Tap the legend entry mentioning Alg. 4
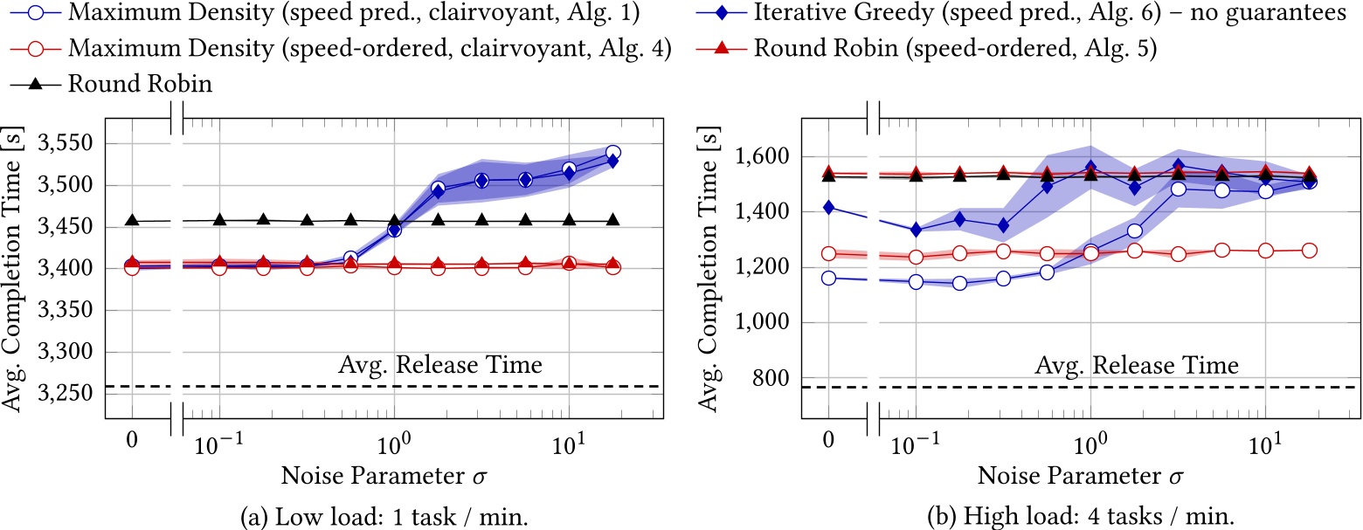(x=341, y=50)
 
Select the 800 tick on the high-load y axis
(x=774, y=378)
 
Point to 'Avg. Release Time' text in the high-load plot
(x=1136, y=364)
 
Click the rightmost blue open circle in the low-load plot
(x=612, y=153)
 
